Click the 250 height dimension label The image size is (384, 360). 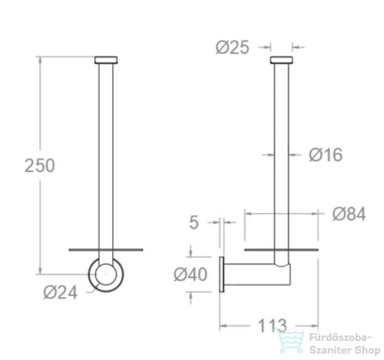coord(40,166)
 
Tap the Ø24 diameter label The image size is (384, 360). coord(61,292)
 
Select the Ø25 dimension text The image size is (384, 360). coord(232,48)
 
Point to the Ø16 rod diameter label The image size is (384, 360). coord(326,155)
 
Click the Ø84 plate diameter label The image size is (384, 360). coord(349,214)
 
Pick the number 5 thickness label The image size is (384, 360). coord(194,223)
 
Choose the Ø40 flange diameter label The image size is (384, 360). coord(190,275)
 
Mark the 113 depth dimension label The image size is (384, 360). coord(272,325)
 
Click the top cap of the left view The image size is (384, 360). coord(106,60)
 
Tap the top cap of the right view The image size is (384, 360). coord(281,60)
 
